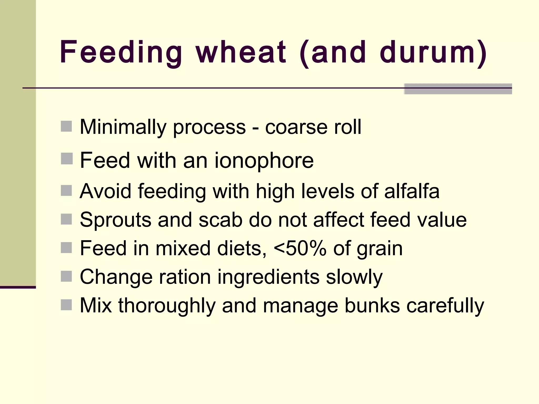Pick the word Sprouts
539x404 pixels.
(x=116, y=220)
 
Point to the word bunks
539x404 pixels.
(x=372, y=306)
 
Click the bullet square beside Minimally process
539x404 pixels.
(x=66, y=126)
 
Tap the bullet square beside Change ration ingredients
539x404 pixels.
(x=66, y=276)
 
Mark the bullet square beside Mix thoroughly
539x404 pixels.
(x=66, y=305)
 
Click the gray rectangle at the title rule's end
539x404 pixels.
(x=458, y=89)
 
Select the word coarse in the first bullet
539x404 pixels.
(x=296, y=127)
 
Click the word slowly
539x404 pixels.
(x=354, y=277)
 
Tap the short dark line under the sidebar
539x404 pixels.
(x=18, y=287)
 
